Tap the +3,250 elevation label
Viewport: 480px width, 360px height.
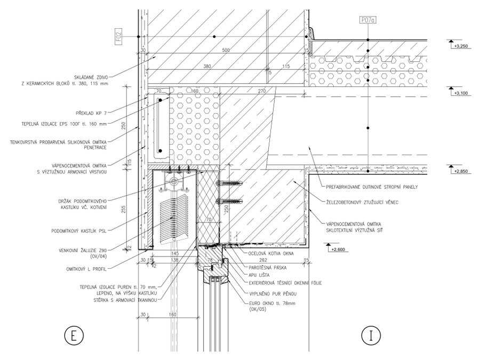point(460,47)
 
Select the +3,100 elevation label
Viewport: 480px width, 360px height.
point(460,93)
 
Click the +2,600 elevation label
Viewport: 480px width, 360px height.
point(338,249)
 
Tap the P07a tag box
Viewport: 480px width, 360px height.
point(367,20)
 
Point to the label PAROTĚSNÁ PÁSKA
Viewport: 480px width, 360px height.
point(267,266)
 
